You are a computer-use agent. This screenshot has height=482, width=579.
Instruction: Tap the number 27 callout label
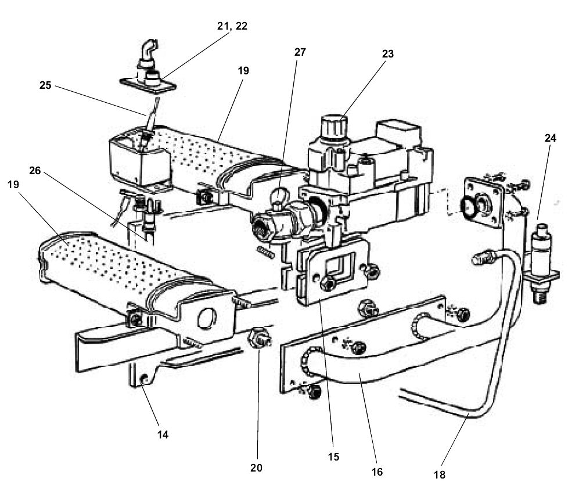tap(300, 52)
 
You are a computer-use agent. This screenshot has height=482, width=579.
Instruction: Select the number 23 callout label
tap(388, 54)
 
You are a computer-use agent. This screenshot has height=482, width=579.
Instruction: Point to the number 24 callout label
tap(550, 138)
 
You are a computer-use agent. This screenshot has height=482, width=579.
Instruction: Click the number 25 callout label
tap(45, 85)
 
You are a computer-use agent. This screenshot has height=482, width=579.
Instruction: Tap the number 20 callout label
tap(257, 467)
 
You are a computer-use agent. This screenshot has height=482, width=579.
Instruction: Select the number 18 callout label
tap(440, 474)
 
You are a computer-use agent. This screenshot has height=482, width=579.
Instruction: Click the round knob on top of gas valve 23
tap(334, 125)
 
